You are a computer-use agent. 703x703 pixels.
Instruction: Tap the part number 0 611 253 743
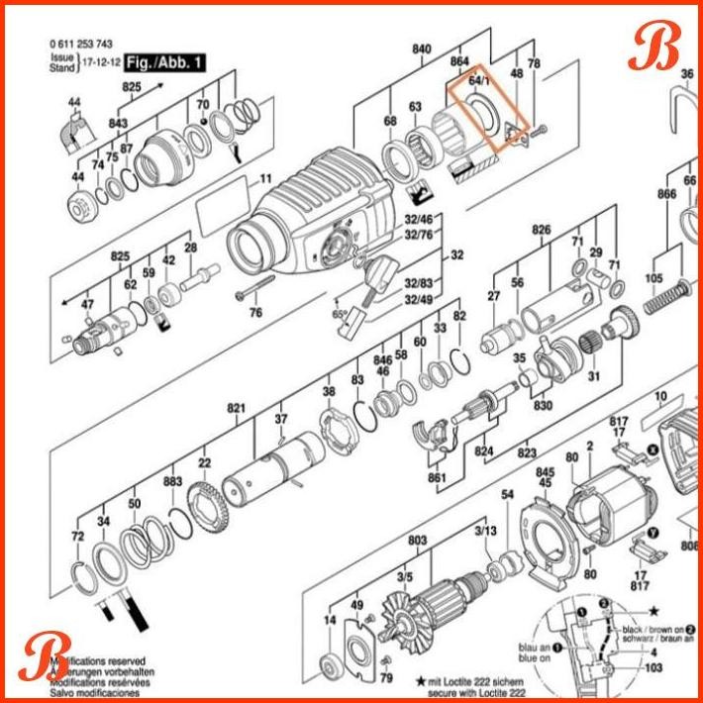click(x=80, y=44)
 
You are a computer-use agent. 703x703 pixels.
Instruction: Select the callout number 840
click(x=423, y=50)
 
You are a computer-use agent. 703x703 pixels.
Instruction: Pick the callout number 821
click(x=236, y=408)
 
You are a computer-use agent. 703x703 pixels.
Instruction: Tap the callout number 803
click(x=417, y=540)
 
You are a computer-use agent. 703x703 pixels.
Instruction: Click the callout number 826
click(x=541, y=230)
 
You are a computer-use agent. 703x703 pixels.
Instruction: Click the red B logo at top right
click(x=657, y=46)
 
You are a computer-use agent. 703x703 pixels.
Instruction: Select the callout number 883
click(x=173, y=481)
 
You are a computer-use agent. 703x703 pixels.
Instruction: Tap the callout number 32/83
click(x=419, y=283)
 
